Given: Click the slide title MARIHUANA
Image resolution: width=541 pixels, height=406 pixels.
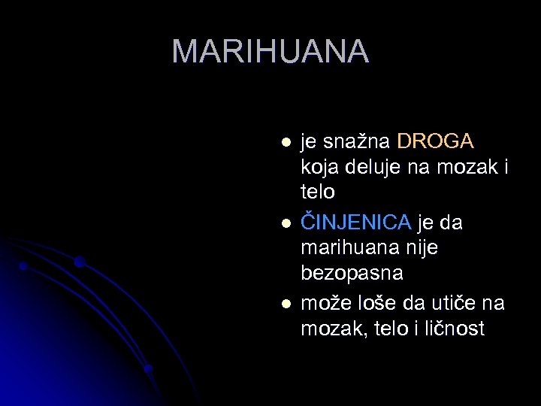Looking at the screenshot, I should coord(270,51).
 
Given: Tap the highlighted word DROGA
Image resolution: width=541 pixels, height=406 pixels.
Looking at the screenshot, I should coord(435,141).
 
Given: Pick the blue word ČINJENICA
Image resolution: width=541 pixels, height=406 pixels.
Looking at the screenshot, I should coord(356,223).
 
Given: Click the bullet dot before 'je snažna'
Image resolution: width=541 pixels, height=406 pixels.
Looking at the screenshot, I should coord(285,142).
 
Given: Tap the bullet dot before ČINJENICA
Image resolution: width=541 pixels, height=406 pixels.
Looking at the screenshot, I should coord(285,223).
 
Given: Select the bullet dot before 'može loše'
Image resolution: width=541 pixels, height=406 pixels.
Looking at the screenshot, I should coord(285,304).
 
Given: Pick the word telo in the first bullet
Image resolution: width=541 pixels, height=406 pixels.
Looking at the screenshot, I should coord(318,192).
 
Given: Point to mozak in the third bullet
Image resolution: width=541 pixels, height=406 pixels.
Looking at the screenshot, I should coord(328,329).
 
